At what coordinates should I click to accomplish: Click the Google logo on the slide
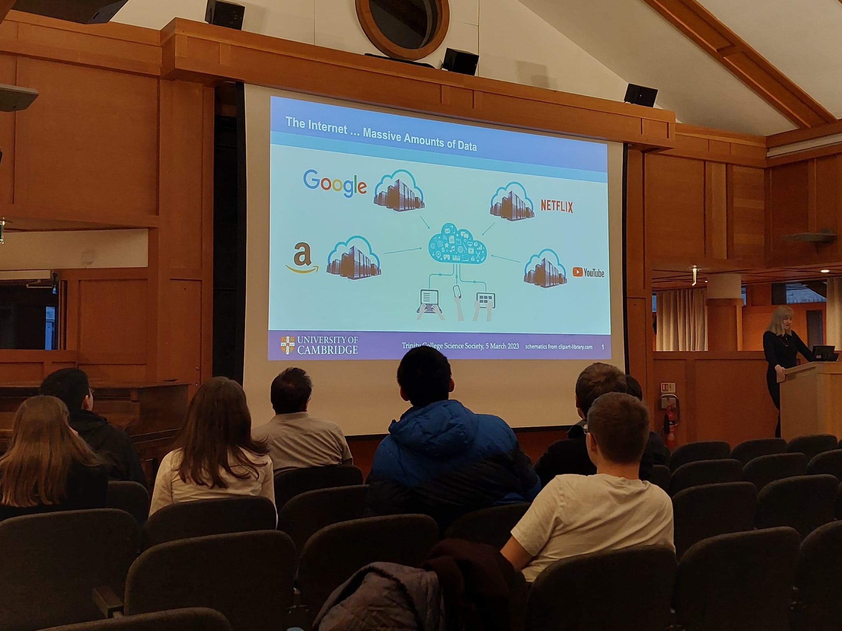pyautogui.click(x=335, y=184)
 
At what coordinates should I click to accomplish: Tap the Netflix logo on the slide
pyautogui.click(x=556, y=206)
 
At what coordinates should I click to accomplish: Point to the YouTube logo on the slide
pyautogui.click(x=588, y=272)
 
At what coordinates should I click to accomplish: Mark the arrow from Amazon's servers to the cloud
pyautogui.click(x=403, y=251)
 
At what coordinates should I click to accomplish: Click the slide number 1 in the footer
pyautogui.click(x=603, y=347)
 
